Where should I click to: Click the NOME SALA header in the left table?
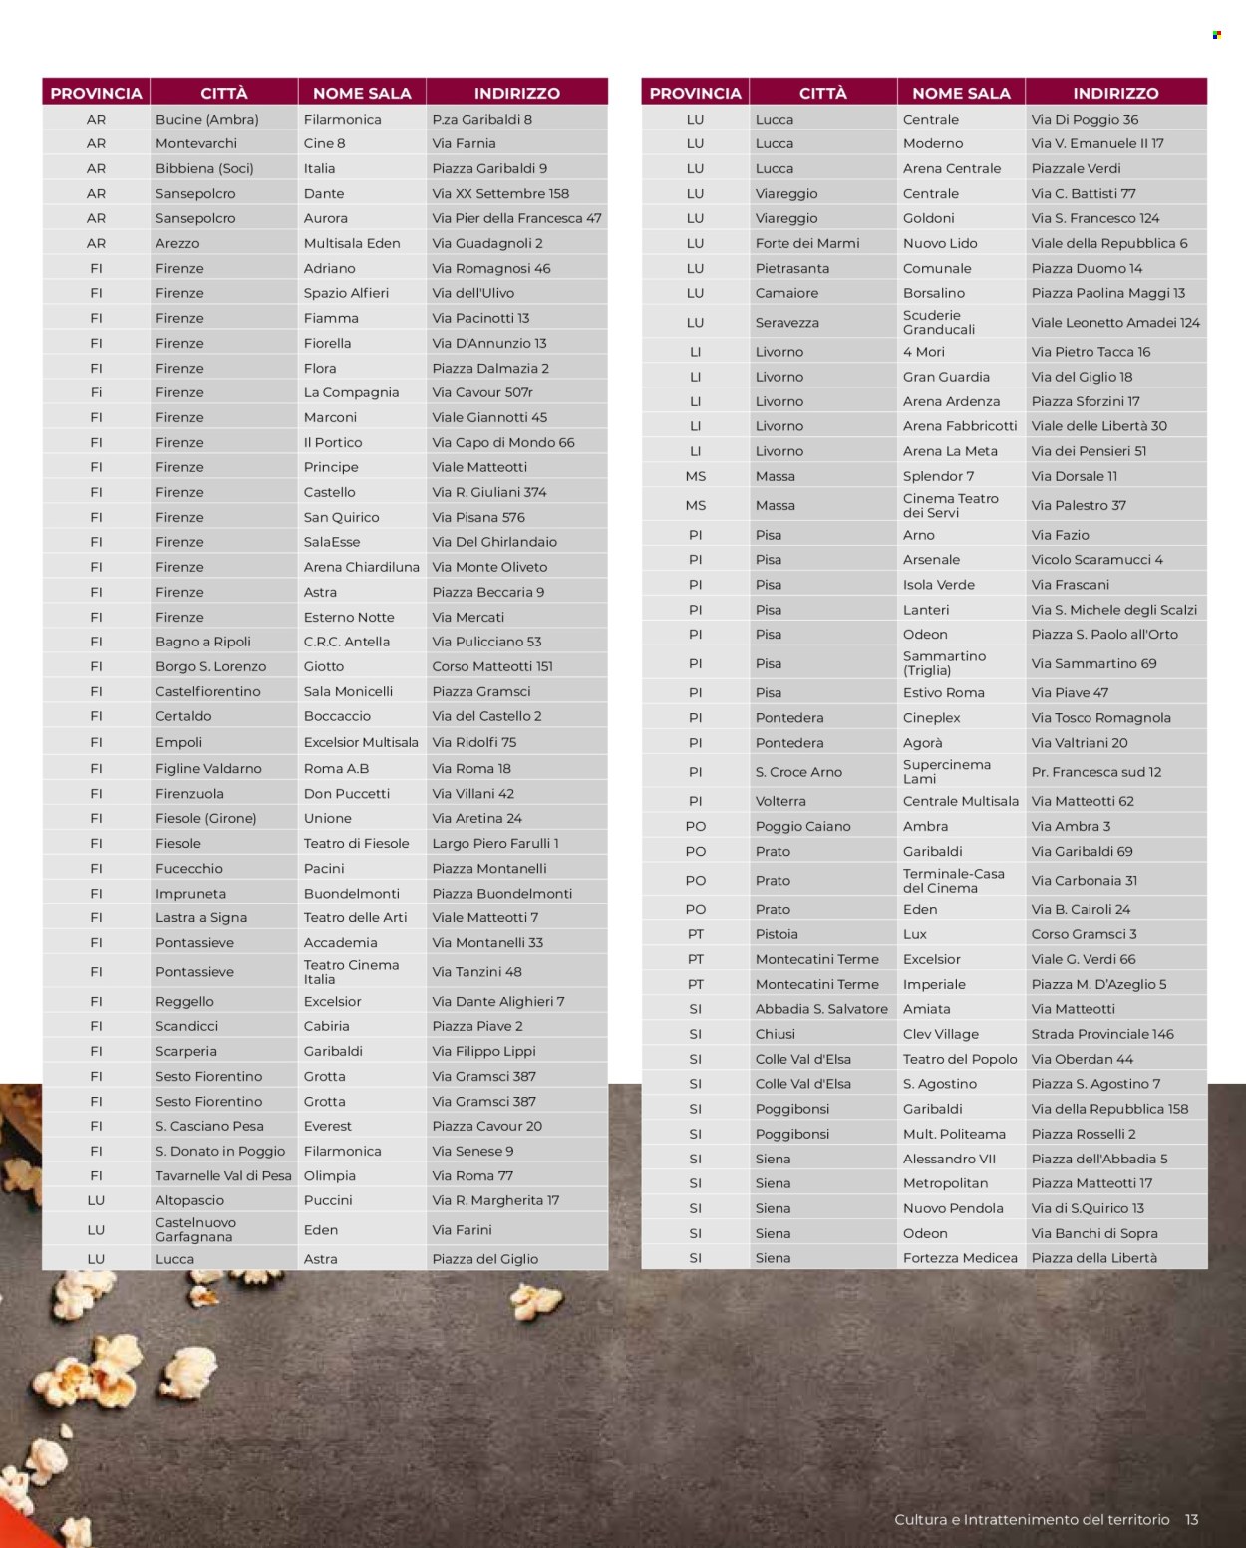pos(362,93)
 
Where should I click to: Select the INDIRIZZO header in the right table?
pos(1115,93)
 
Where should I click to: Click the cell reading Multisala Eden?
pos(352,243)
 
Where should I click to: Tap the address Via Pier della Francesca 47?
pos(516,218)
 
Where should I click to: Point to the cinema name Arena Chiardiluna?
pos(361,567)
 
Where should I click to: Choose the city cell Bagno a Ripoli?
pos(203,642)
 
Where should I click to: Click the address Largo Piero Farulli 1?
pos(495,843)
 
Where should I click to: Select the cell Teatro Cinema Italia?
pos(351,972)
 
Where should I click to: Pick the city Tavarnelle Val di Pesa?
pos(223,1175)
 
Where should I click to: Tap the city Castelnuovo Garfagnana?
pos(195,1229)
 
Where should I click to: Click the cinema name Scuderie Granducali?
pos(939,322)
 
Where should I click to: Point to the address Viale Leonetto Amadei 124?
pos(1115,322)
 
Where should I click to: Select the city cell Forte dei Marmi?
pos(807,243)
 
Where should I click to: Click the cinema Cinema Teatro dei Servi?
pos(950,505)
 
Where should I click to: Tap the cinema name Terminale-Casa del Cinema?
pos(953,881)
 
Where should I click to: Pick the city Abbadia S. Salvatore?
pos(821,1009)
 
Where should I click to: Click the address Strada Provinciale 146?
pos(1102,1034)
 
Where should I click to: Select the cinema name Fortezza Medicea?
pos(960,1258)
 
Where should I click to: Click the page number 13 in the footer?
pos(1191,1519)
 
